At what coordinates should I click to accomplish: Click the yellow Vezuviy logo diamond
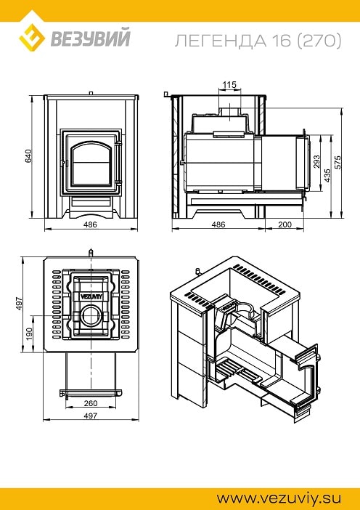pos(32,38)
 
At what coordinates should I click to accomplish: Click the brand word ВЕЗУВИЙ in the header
pos(90,38)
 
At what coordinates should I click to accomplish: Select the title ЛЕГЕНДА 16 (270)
pos(258,41)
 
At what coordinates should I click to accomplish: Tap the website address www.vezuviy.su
pos(279,498)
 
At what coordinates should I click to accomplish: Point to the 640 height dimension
pos(28,156)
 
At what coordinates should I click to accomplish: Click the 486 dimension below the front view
pos(90,224)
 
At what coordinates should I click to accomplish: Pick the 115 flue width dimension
pos(229,85)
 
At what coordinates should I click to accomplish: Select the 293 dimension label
pos(316,162)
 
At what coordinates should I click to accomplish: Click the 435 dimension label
pos(327,175)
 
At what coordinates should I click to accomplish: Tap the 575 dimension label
pos(338,162)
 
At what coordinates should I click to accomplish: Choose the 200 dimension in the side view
pos(285,224)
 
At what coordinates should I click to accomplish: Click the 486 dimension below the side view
pos(218,224)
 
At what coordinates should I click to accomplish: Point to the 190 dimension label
pos(28,334)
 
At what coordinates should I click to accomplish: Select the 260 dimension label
pos(91,403)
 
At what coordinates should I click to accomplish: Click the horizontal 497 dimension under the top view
pos(91,416)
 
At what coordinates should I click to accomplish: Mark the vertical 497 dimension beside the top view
pos(20,303)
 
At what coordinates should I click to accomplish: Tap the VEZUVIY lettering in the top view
pos(91,296)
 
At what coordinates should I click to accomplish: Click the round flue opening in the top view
pos(91,316)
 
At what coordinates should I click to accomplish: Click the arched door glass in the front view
pos(91,165)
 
